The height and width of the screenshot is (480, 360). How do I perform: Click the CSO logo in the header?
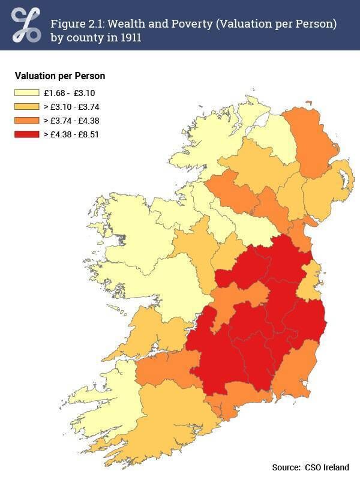click(26, 25)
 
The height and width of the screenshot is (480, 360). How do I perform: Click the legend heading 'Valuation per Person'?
click(60, 76)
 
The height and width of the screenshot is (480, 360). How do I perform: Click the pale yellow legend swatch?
click(26, 93)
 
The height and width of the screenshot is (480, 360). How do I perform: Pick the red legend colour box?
click(26, 134)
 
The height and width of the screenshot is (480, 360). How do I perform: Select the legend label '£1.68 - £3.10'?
click(69, 93)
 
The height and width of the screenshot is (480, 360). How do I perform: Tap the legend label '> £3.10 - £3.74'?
click(71, 107)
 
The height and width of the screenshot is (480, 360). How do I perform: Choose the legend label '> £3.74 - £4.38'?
click(71, 120)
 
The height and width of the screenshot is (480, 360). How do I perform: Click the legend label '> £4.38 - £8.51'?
click(71, 134)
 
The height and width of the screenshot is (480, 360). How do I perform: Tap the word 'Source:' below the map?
click(286, 467)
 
